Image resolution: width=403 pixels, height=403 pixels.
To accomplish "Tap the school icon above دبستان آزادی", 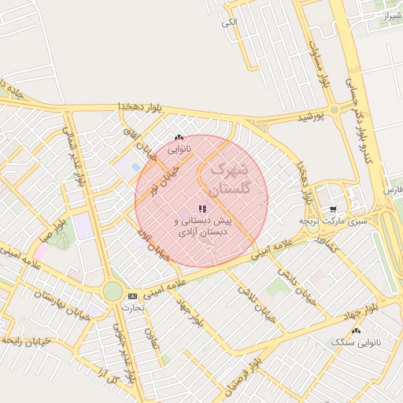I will (x=202, y=209).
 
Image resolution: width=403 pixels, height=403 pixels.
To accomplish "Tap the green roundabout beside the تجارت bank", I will (x=113, y=291).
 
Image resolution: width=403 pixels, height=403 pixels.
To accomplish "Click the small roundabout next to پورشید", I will (x=334, y=110).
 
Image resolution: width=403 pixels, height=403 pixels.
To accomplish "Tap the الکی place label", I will (x=229, y=22).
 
